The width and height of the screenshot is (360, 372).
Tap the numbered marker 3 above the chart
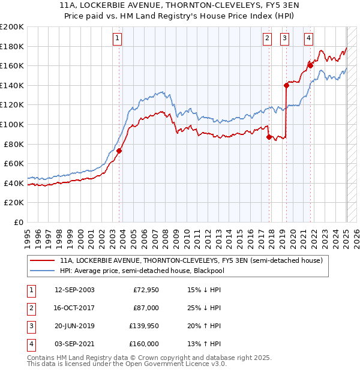(x=284, y=38)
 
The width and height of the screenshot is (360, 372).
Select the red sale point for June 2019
(x=286, y=85)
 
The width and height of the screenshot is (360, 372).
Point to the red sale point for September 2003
(x=119, y=151)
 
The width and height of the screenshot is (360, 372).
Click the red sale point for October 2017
(x=269, y=137)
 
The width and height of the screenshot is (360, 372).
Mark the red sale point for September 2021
(x=310, y=65)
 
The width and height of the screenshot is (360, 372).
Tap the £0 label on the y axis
(x=18, y=222)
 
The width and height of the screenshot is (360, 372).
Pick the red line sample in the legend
(x=42, y=260)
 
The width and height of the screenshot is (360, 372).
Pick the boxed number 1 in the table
(x=31, y=290)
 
